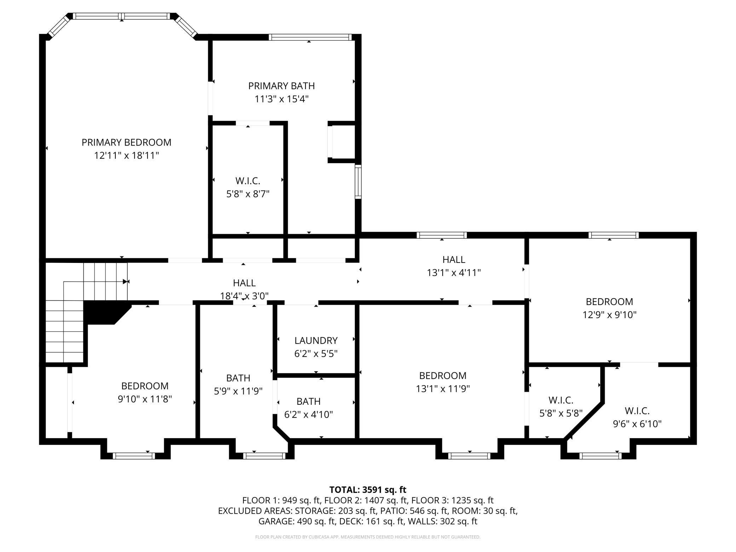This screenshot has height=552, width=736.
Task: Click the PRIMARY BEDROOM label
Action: (x=126, y=142)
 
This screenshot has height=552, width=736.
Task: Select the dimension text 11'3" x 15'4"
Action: (x=282, y=99)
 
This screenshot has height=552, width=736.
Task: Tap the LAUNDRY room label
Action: (x=316, y=340)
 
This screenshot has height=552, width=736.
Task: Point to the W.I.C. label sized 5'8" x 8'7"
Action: (x=248, y=181)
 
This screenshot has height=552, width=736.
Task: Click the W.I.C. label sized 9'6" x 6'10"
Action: (x=637, y=411)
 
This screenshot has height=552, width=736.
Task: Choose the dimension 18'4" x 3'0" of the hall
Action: (x=244, y=296)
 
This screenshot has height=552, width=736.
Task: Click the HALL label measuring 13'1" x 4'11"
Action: (x=454, y=260)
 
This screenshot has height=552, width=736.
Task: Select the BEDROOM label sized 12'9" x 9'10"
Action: (x=609, y=301)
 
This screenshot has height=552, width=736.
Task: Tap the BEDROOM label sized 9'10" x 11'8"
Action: (x=145, y=386)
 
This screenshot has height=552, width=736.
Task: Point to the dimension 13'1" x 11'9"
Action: (x=443, y=389)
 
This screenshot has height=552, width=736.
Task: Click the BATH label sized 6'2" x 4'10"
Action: (x=309, y=401)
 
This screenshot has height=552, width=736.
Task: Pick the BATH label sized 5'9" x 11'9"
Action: (x=238, y=378)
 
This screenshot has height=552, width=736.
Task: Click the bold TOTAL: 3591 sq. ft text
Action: (x=368, y=490)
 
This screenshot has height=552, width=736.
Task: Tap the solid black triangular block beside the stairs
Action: (x=104, y=311)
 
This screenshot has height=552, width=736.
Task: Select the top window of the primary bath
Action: (x=310, y=37)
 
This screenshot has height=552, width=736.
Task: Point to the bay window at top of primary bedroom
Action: (x=121, y=16)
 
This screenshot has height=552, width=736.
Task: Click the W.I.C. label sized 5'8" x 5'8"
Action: (x=561, y=400)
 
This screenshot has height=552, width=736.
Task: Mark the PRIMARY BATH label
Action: (x=281, y=86)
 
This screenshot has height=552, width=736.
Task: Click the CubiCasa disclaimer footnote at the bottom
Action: (x=368, y=537)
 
